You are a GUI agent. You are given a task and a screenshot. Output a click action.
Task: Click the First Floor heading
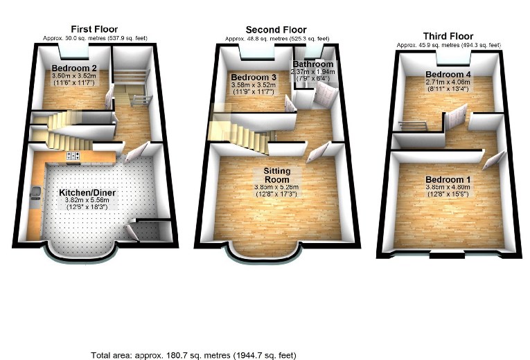[94, 28]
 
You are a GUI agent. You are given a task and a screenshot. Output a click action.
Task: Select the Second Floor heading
[275, 29]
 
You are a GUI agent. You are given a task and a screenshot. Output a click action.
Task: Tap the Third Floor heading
[448, 36]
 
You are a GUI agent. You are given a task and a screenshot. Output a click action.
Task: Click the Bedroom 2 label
[73, 68]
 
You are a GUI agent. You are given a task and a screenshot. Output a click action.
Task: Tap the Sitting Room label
[276, 174]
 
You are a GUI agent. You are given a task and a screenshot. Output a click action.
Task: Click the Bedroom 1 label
[448, 179]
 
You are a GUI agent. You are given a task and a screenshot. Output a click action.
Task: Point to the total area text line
[193, 354]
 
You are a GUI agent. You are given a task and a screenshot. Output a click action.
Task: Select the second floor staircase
[239, 129]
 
